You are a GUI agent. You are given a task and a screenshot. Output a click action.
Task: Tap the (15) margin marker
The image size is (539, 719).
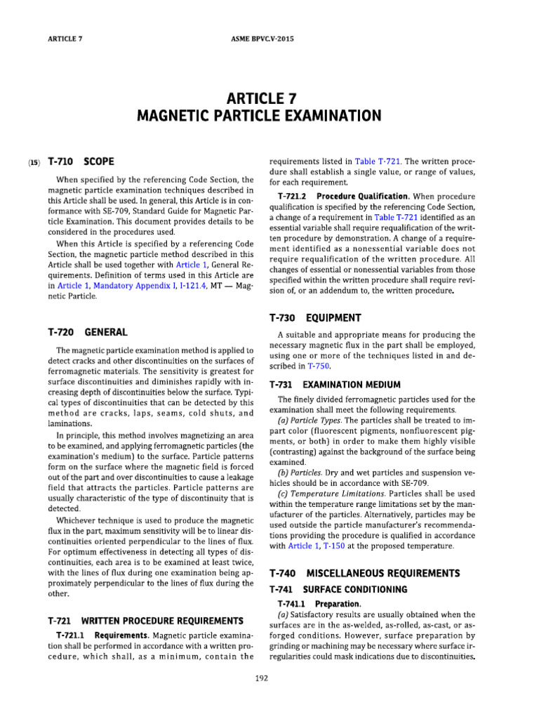[x=34, y=162]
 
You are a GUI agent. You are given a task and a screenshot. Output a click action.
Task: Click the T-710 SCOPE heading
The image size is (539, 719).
[x=81, y=161]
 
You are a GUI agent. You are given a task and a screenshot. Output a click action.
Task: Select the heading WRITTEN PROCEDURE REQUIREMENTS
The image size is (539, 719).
[x=162, y=621]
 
